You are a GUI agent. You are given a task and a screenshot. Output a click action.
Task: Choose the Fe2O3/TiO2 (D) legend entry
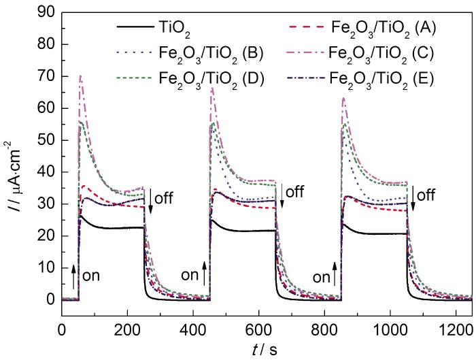[x=218, y=76]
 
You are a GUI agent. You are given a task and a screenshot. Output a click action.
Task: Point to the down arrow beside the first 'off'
[x=150, y=203]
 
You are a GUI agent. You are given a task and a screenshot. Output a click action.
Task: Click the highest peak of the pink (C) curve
[x=81, y=76]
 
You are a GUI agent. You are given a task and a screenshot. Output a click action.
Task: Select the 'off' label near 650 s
[x=294, y=192]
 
